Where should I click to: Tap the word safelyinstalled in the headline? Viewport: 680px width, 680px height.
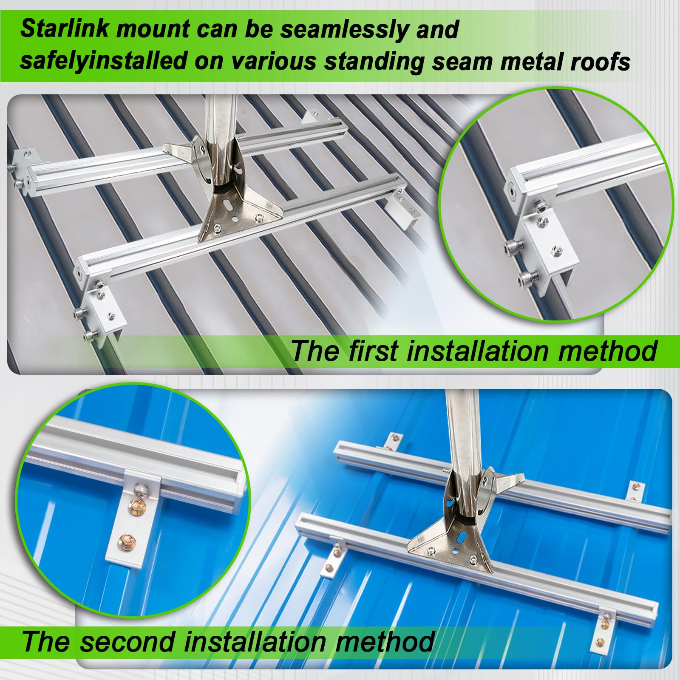(x=104, y=61)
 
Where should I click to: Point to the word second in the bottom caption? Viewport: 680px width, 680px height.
(x=128, y=641)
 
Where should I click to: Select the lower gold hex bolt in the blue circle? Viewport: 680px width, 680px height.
(x=127, y=541)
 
